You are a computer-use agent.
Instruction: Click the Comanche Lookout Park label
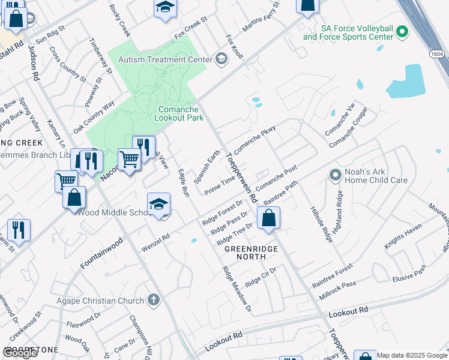(x=182, y=113)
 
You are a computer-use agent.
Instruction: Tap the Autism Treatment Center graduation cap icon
(x=221, y=59)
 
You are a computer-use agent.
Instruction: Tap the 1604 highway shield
(x=438, y=55)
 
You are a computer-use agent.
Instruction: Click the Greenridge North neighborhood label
(x=246, y=252)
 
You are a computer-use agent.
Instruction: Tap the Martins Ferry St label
(x=262, y=17)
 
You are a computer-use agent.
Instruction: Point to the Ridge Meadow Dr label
(x=236, y=290)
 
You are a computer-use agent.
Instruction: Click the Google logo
(x=20, y=353)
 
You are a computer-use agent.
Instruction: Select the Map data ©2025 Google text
(x=412, y=355)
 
